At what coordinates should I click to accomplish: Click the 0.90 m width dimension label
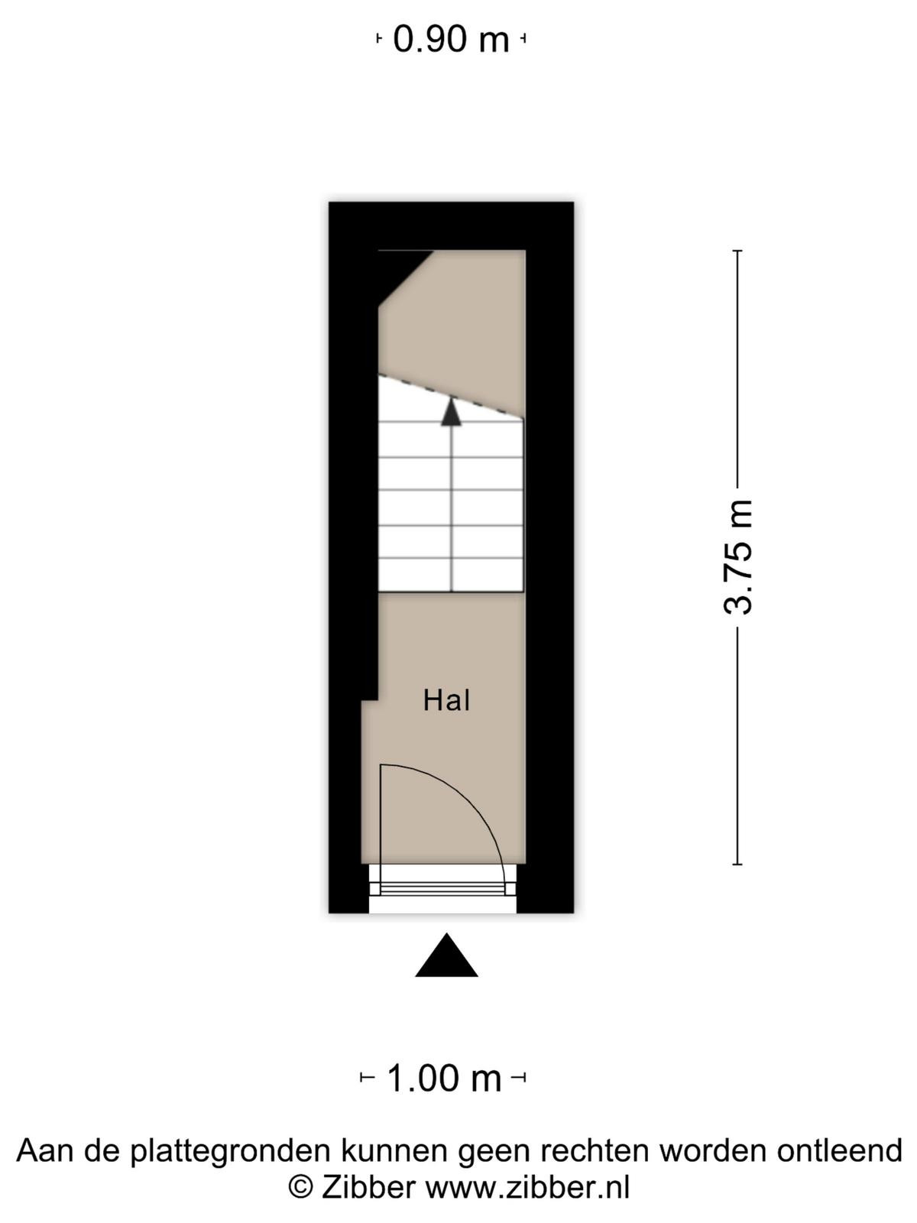click(x=451, y=40)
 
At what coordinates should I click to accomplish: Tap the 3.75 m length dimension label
click(x=737, y=557)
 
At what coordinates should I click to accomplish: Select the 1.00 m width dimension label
click(x=444, y=1077)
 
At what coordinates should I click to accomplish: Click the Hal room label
click(x=446, y=700)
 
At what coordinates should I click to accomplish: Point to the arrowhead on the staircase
click(x=451, y=412)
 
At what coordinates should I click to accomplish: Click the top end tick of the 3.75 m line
click(x=737, y=251)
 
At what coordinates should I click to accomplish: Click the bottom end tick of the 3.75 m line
click(x=737, y=865)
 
